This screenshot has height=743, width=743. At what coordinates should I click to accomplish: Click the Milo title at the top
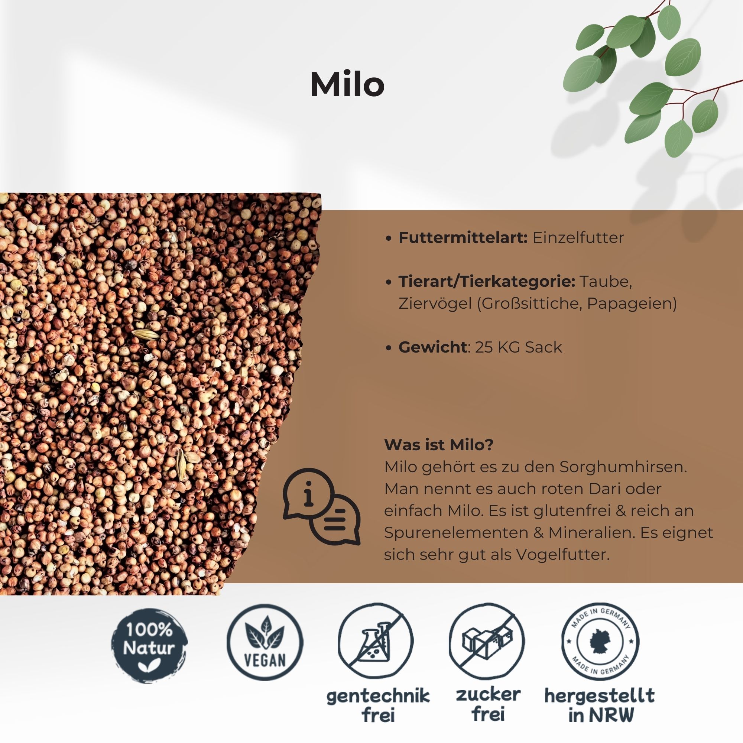[347, 85]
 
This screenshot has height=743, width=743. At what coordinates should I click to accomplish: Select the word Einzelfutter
[578, 238]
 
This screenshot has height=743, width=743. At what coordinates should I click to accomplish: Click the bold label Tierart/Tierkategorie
[487, 282]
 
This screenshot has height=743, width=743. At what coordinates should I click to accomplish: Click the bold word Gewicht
[433, 347]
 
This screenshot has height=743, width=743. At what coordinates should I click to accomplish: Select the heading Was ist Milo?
[438, 445]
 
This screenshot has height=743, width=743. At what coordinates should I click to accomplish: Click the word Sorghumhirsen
[623, 467]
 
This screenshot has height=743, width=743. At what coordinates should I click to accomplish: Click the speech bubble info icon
[322, 506]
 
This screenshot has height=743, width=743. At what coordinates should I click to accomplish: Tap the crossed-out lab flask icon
[376, 641]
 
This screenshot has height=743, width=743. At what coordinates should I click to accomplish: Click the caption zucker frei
[488, 704]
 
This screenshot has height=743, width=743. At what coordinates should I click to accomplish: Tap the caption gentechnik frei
[378, 706]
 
